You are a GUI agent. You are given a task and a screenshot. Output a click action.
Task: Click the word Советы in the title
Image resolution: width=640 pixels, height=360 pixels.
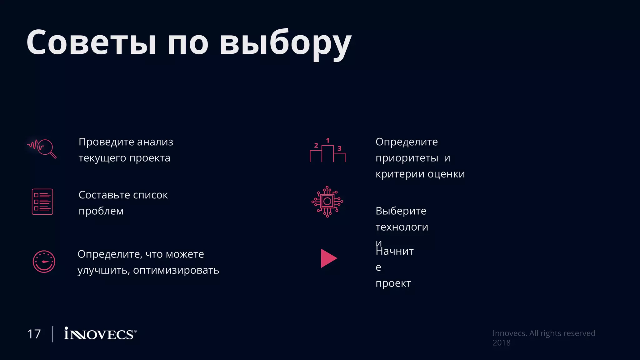[x=91, y=42]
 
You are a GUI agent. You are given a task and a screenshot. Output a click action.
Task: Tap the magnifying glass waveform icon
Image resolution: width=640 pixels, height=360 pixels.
[x=42, y=148]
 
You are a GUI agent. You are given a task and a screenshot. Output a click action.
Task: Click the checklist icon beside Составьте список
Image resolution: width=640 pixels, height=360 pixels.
[x=42, y=202]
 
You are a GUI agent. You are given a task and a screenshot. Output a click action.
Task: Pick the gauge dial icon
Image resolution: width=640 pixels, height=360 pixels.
[x=44, y=262]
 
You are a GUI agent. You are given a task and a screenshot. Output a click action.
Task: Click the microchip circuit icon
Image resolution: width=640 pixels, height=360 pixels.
[x=327, y=202]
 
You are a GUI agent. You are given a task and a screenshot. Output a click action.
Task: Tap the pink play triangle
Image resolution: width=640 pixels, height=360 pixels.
[x=328, y=258]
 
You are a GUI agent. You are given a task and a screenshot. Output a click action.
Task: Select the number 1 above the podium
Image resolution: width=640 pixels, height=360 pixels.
[x=327, y=141]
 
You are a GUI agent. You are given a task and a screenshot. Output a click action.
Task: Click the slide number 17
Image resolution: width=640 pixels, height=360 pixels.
[x=34, y=334]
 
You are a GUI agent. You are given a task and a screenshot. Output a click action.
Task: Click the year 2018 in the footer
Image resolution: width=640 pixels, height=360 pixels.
[x=502, y=343]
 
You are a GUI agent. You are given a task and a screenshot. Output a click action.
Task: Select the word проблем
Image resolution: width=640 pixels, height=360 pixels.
[x=101, y=211]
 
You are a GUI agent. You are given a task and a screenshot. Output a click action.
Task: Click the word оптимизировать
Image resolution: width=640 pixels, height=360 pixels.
[x=176, y=270]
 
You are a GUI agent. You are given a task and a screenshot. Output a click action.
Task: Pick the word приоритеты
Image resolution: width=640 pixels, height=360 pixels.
[x=407, y=158]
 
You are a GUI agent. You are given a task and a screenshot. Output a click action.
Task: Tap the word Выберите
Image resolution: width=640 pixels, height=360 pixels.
[x=401, y=211]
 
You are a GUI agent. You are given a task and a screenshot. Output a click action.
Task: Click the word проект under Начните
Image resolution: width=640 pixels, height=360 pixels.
[x=393, y=283]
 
